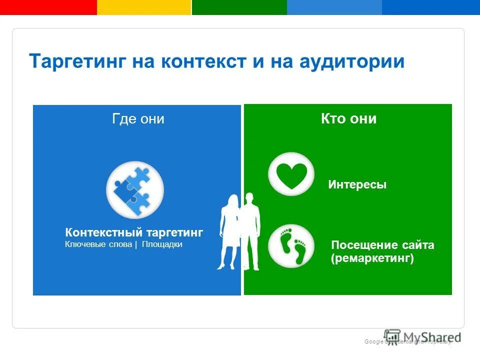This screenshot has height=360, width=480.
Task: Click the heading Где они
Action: click(138, 119)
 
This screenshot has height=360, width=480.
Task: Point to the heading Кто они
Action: click(348, 119)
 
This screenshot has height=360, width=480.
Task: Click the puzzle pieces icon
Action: click(134, 189)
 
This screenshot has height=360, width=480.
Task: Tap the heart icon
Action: click(291, 174)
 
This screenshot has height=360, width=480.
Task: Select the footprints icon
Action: click(291, 245)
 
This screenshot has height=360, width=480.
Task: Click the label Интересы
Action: click(357, 185)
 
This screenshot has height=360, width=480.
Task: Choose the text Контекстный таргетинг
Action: click(134, 232)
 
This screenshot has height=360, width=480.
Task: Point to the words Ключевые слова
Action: click(98, 245)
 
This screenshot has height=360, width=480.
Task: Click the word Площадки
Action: click(161, 245)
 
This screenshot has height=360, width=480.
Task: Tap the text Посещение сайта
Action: click(382, 245)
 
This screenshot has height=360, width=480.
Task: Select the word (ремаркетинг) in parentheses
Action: click(372, 258)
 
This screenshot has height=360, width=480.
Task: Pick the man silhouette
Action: click(251, 230)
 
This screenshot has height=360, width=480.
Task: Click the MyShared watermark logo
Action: click(422, 337)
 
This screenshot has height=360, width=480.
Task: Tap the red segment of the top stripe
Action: click(48, 7)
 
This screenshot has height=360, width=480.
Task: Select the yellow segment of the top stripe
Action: click(144, 7)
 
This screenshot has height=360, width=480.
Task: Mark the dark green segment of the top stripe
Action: click(239, 7)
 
